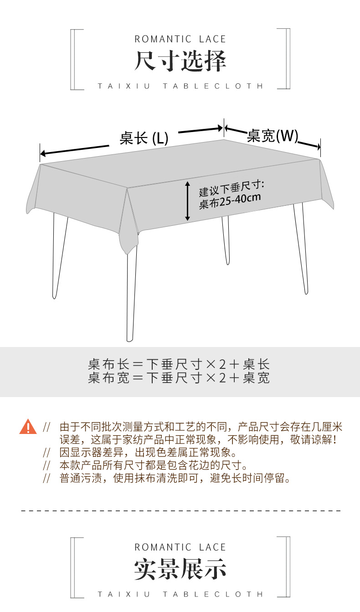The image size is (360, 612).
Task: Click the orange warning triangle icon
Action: click(28, 427)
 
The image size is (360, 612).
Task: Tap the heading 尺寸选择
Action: click(180, 61)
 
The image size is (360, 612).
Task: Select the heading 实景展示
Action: click(180, 569)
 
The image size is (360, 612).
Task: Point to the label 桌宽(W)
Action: click(273, 135)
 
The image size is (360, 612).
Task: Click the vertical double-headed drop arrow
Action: click(187, 201)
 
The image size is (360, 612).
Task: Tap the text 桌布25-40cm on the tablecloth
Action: click(230, 200)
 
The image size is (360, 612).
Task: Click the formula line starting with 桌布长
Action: click(179, 364)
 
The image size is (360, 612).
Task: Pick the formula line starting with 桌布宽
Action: click(179, 377)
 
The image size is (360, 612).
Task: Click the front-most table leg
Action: click(131, 296)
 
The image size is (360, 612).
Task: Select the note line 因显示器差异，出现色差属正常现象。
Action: click(148, 453)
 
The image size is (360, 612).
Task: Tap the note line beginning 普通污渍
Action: click(175, 479)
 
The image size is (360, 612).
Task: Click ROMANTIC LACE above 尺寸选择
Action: click(180, 39)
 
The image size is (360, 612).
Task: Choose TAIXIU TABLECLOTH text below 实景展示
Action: click(180, 594)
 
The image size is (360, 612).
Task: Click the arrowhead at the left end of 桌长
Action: click(42, 153)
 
